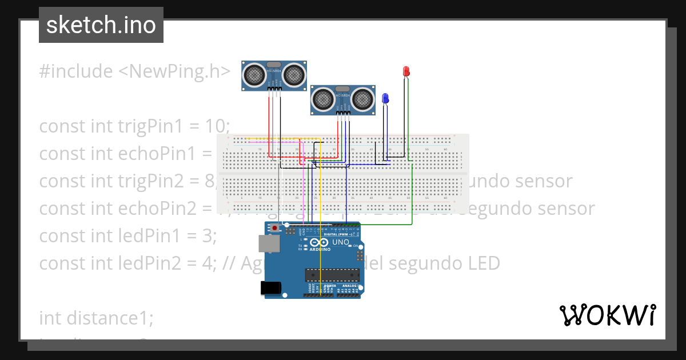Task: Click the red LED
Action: [406, 71]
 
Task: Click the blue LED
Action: [385, 98]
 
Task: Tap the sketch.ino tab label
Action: [101, 25]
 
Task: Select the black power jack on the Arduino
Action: [272, 288]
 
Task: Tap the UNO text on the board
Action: [341, 242]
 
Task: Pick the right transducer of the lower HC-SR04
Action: [363, 99]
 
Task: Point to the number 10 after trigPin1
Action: [217, 126]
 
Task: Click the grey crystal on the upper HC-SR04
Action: [274, 63]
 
